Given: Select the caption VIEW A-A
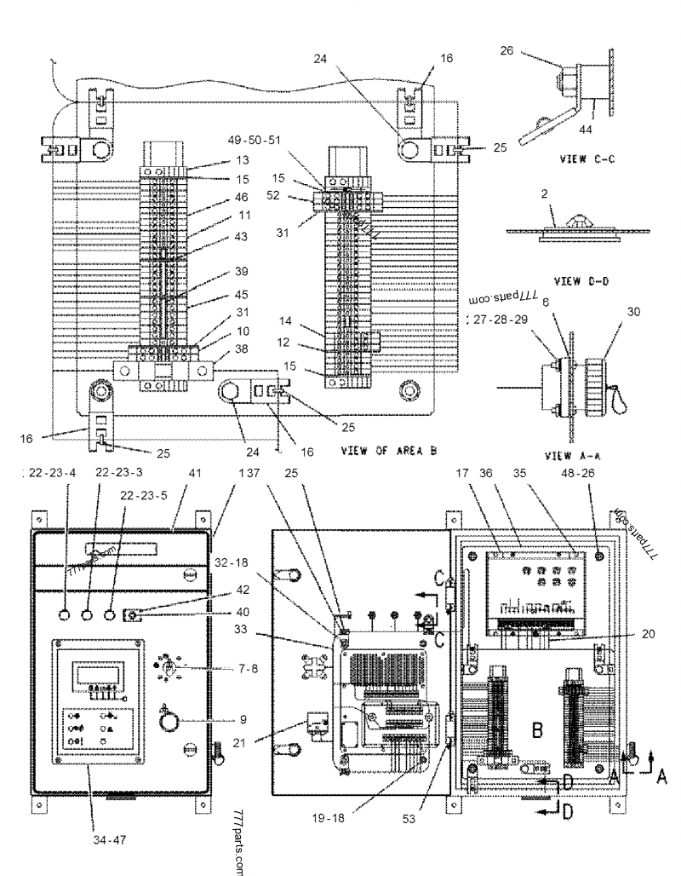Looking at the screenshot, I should click(x=569, y=456).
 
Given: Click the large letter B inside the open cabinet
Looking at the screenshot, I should click(x=538, y=730).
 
